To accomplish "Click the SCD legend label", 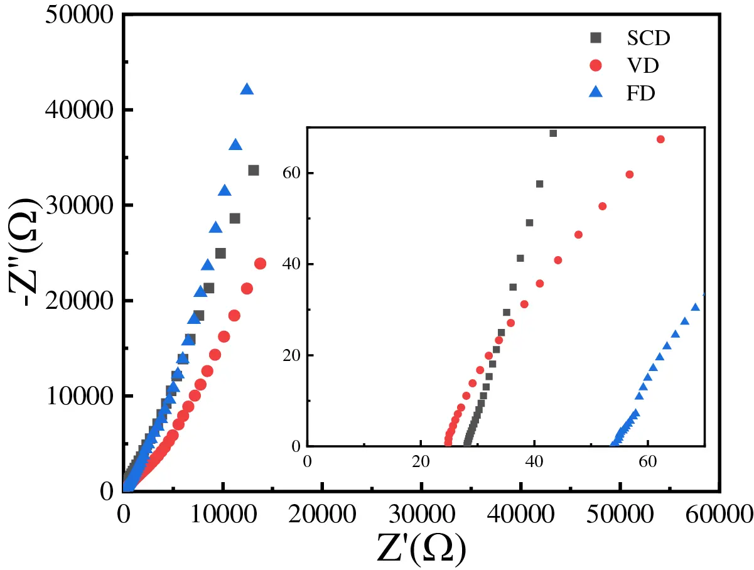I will [x=649, y=38].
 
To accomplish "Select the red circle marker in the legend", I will [x=596, y=65].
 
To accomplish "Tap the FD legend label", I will [x=640, y=94].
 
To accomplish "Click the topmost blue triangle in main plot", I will [x=247, y=90].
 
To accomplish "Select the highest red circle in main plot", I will [x=260, y=264].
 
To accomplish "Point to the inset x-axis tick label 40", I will [x=534, y=460].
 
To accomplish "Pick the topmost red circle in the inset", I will [x=660, y=139].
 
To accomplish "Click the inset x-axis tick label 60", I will [x=647, y=460].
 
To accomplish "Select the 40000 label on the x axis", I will [x=521, y=514].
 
